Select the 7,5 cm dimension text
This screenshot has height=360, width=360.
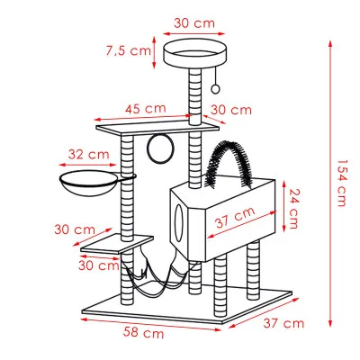[127, 51]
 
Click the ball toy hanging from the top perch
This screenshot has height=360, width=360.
[215, 88]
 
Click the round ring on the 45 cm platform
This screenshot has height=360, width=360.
[161, 148]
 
